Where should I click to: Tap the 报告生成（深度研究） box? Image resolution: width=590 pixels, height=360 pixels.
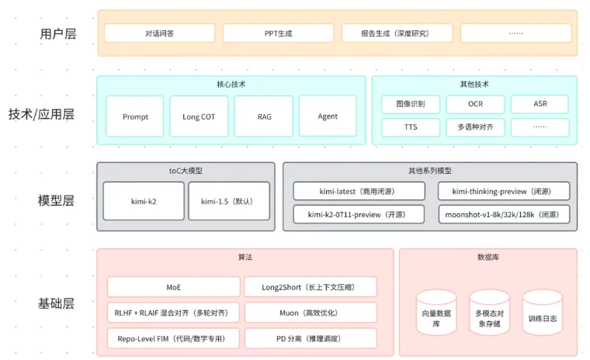coord(397,33)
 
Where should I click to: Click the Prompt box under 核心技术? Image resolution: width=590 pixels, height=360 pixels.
coord(135,116)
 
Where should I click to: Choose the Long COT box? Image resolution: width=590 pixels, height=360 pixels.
coord(199,116)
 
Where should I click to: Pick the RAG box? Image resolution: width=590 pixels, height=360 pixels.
coord(264,116)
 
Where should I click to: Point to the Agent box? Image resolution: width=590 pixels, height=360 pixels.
coord(328,116)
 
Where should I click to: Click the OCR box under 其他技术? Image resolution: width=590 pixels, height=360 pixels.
coord(475,104)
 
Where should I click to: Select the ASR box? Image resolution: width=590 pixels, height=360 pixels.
coord(540,104)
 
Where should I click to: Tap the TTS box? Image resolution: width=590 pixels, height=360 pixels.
coord(411,126)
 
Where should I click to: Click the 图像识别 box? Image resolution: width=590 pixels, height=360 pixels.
coord(411,104)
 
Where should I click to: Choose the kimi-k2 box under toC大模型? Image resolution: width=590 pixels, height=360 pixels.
coord(144,201)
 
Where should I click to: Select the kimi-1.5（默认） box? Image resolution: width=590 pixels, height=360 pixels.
coord(229,201)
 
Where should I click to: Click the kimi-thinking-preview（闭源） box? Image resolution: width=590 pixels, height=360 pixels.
coord(504,191)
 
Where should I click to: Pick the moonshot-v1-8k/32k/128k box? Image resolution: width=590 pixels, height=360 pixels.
coord(504,213)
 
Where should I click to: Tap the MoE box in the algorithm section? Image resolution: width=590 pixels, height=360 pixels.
coord(173,286)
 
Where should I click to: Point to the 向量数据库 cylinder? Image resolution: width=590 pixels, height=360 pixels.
coord(436,313)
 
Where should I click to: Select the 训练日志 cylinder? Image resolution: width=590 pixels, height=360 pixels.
coord(542,313)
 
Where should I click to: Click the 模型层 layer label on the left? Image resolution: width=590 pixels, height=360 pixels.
coord(57,200)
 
